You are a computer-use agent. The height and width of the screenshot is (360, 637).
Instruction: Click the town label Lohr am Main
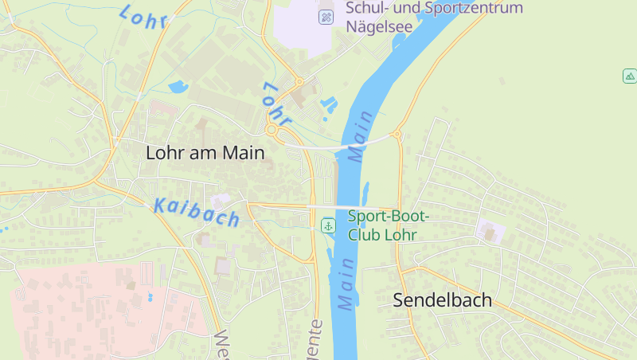(x=205, y=154)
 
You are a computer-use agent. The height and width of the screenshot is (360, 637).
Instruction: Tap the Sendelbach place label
(x=443, y=301)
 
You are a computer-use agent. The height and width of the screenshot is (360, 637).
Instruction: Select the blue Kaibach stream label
(x=196, y=212)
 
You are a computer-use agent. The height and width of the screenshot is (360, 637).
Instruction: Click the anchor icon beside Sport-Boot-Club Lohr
(x=327, y=225)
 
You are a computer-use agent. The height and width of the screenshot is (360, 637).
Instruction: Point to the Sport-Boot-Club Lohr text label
(x=388, y=225)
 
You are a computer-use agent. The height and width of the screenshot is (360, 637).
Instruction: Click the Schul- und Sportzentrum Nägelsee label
(x=434, y=17)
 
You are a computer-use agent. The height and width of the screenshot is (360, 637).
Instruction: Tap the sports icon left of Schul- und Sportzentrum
(x=326, y=17)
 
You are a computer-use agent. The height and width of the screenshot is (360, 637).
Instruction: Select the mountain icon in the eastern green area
(x=630, y=76)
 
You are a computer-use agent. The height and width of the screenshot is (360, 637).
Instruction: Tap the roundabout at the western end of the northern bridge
(x=272, y=129)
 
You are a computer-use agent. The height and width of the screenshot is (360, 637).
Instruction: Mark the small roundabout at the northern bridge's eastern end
(x=397, y=135)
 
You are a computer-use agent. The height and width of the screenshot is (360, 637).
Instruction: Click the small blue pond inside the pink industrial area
(x=150, y=297)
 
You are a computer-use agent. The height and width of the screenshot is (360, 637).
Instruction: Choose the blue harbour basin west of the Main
(x=327, y=104)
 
